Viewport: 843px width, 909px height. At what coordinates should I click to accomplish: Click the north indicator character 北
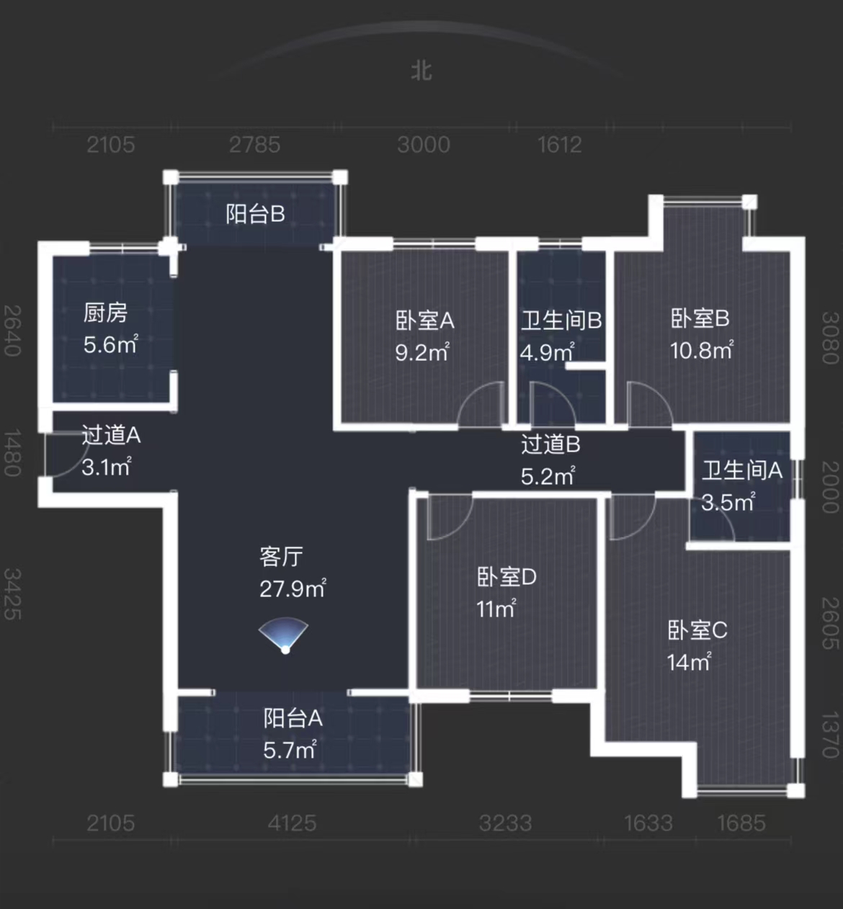421,71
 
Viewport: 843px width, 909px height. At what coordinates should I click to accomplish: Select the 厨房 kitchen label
105,313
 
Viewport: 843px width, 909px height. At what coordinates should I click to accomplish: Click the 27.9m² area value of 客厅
293,588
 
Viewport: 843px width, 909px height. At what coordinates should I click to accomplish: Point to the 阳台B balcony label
255,214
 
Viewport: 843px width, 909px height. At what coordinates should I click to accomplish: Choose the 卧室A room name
424,321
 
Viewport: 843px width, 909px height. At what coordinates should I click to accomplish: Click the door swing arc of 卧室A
481,403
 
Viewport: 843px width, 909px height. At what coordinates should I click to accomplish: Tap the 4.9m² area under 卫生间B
547,352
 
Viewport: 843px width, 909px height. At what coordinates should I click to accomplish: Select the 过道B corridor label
550,444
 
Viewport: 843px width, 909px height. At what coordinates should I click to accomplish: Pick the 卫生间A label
741,470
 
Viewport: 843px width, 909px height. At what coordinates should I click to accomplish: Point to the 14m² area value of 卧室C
689,662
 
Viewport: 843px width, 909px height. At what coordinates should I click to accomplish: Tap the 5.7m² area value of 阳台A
290,751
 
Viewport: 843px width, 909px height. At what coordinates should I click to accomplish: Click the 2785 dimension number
254,145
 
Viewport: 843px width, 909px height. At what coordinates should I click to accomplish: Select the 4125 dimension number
292,823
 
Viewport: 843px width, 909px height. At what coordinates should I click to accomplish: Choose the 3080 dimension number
830,338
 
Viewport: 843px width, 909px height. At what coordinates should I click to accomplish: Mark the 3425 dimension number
12,594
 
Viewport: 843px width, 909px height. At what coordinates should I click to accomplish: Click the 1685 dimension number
741,823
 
